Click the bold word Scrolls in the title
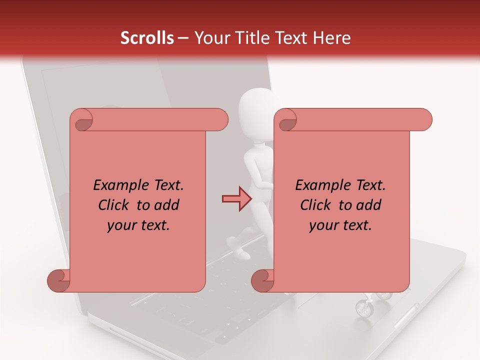point(147,38)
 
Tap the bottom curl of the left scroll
point(58,280)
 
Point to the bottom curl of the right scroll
point(262,280)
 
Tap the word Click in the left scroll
point(115,205)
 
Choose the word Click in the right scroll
point(317,205)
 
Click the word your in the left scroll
point(121,225)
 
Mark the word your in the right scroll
point(323,225)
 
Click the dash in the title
point(183,38)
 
